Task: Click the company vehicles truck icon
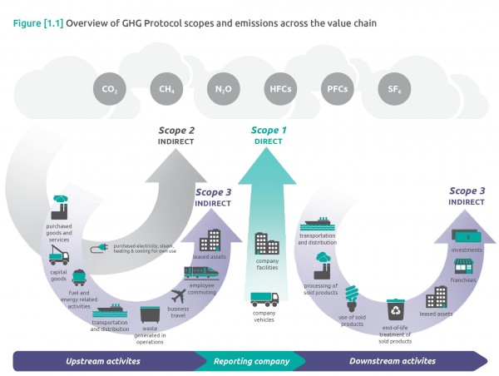[x=264, y=299]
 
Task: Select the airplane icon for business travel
[x=182, y=295]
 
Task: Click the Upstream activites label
[x=103, y=361]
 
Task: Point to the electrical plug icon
[x=105, y=247]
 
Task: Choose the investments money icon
[x=467, y=237]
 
